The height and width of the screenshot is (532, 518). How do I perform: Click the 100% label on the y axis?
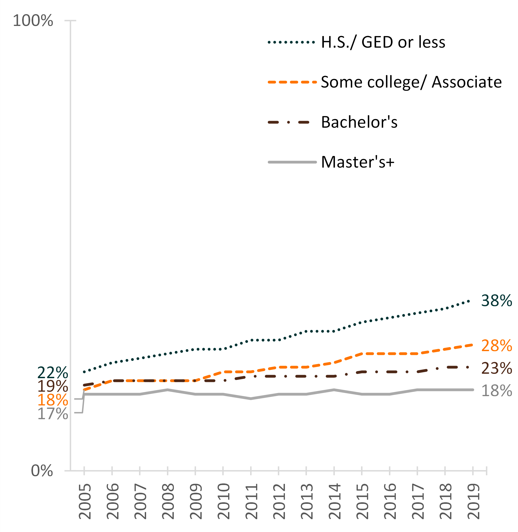(x=33, y=21)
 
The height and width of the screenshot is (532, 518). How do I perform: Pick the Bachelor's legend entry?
(x=359, y=122)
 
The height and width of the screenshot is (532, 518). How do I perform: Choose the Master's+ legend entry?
(x=358, y=162)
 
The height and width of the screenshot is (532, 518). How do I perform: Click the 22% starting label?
(x=52, y=373)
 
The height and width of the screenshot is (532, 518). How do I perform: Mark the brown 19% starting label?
(x=52, y=386)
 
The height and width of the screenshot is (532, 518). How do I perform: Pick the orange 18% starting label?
(x=52, y=400)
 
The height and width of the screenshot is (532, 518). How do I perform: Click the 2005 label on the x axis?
(x=84, y=501)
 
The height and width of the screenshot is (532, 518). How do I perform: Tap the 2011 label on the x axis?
(x=251, y=501)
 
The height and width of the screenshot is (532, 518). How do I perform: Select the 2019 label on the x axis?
(x=473, y=501)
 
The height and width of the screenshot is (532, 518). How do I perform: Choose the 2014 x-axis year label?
(x=334, y=501)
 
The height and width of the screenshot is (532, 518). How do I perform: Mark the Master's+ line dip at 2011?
(x=251, y=399)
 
